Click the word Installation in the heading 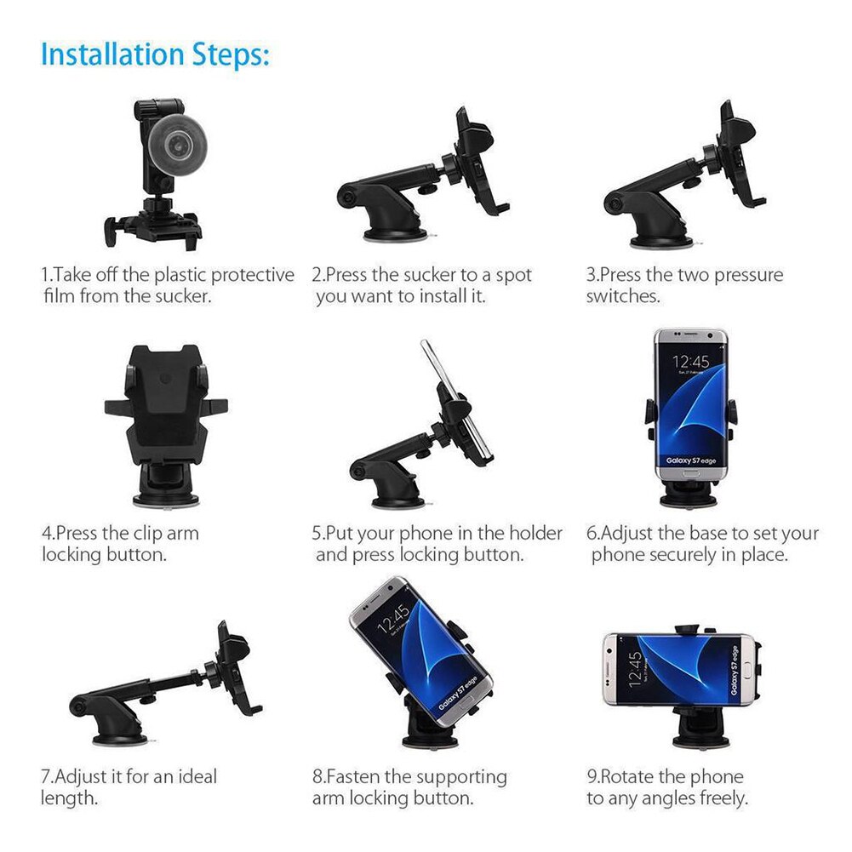112,54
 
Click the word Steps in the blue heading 226,54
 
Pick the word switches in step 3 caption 622,297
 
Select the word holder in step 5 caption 535,534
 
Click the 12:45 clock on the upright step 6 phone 690,362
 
